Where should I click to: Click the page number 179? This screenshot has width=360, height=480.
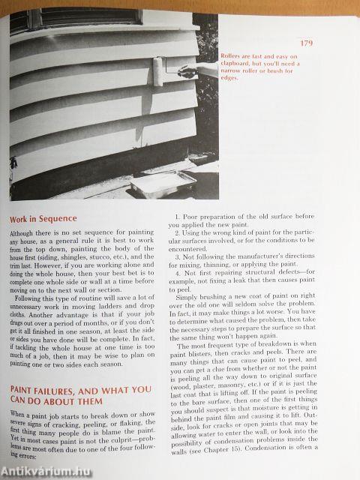(306, 43)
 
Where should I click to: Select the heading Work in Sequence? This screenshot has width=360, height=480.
(43, 220)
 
